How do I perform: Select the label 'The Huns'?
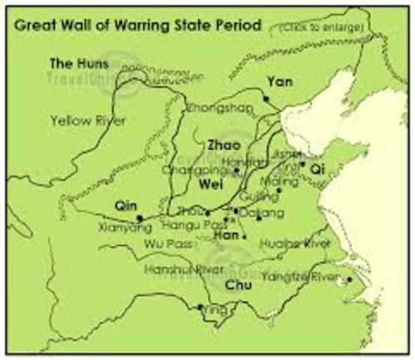click(79, 62)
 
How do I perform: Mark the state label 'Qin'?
click(125, 204)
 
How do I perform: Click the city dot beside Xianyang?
click(140, 218)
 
